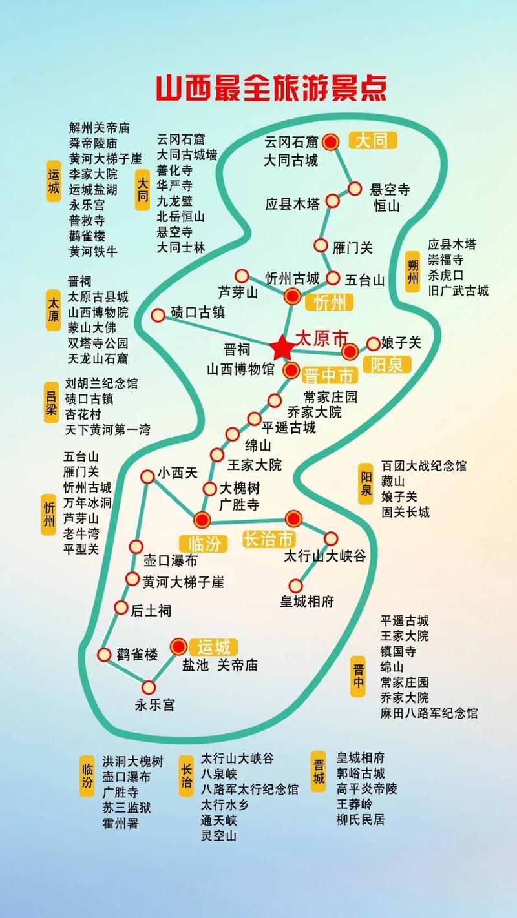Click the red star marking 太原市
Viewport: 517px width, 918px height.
pyautogui.click(x=282, y=348)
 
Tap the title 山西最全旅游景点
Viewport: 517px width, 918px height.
pyautogui.click(x=271, y=88)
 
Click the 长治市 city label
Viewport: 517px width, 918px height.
pyautogui.click(x=269, y=540)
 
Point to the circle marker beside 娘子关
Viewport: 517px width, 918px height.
pyautogui.click(x=374, y=343)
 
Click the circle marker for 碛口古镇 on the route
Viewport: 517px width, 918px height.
pyautogui.click(x=158, y=315)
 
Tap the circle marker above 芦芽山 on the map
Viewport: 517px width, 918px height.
pyautogui.click(x=242, y=276)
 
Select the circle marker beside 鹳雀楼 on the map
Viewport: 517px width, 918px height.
pyautogui.click(x=105, y=655)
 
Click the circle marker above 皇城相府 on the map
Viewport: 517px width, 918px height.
pyautogui.click(x=295, y=586)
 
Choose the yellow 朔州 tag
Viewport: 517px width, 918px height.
pyautogui.click(x=412, y=271)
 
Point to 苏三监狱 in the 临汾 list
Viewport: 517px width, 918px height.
pyautogui.click(x=127, y=808)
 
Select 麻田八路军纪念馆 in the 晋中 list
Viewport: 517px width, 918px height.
pyautogui.click(x=429, y=713)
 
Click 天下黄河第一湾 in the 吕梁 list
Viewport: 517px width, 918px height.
pyautogui.click(x=112, y=429)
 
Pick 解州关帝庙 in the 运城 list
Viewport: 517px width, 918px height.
pyautogui.click(x=100, y=127)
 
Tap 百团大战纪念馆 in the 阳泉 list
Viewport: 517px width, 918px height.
pyautogui.click(x=423, y=465)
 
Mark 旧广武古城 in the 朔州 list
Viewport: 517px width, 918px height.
pyautogui.click(x=458, y=291)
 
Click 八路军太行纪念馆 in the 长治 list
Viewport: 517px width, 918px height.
pyautogui.click(x=249, y=789)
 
